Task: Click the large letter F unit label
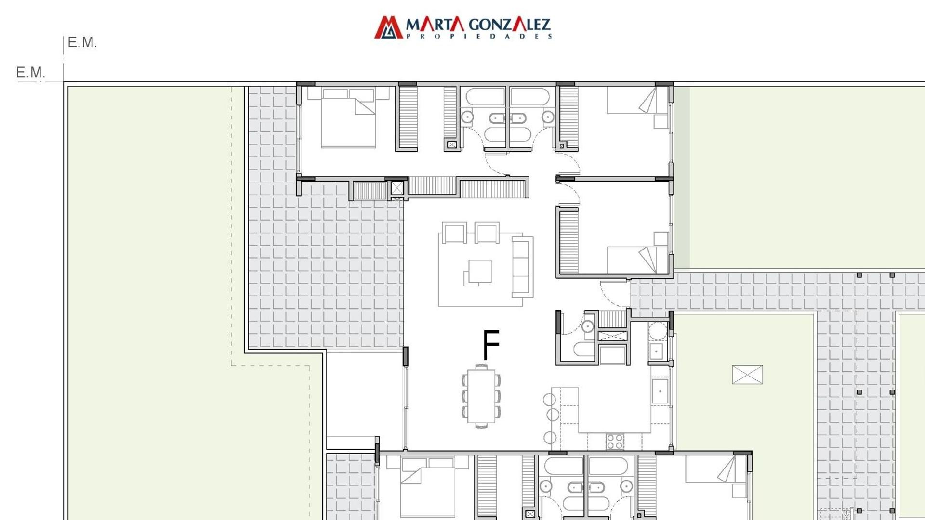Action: pos(491,345)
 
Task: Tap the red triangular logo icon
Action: pos(388,27)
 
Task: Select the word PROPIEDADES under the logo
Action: pos(479,36)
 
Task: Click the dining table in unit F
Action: pos(481,396)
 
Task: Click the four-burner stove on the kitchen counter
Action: pos(615,442)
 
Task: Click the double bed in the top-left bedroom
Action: pos(348,118)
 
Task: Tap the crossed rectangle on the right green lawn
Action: pos(747,375)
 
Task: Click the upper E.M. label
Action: pos(82,42)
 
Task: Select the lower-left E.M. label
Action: pos(30,72)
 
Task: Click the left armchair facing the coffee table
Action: pos(455,233)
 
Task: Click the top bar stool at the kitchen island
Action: pos(550,399)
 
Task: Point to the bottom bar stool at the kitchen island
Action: pos(550,438)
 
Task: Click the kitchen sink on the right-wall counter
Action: pos(660,391)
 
